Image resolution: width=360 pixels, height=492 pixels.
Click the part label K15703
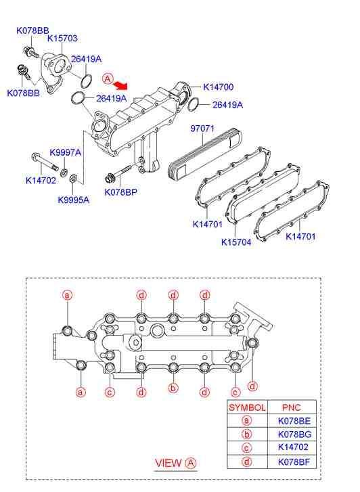coord(62,39)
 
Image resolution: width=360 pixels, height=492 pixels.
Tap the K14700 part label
coord(219,87)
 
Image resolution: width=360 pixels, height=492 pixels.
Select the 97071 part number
coord(202,129)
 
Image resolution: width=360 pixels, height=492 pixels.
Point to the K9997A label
coord(65,152)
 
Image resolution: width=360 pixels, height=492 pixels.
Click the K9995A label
coord(74,200)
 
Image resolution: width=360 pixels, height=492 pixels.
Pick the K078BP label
coord(121,192)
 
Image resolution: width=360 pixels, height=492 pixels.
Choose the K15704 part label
coord(236,242)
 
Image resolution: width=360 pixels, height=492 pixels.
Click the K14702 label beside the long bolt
coord(41,181)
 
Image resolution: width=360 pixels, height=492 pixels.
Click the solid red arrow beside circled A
coord(120,84)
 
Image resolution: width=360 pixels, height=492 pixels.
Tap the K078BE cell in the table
coord(294,421)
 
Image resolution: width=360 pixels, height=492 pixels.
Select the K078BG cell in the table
coord(295,434)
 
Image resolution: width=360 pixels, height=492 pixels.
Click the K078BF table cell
coord(294,462)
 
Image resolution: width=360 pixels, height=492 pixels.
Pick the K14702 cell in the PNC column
coord(293,447)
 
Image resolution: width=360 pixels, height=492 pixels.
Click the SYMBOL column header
coord(247,407)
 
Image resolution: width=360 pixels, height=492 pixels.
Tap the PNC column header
coord(291,407)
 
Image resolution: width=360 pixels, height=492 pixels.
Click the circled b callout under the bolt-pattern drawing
coord(173,388)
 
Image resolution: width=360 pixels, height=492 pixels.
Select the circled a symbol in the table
coord(247,421)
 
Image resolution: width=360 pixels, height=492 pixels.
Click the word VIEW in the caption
coord(168,463)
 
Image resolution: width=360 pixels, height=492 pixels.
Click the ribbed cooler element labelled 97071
coord(205,154)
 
